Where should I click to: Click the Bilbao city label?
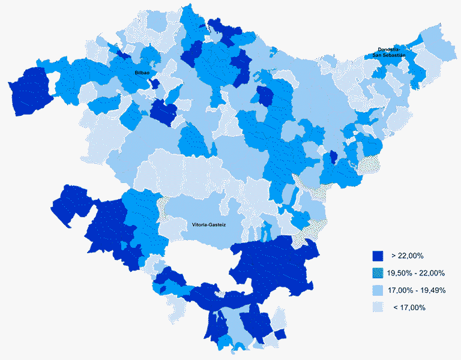coord(142,72)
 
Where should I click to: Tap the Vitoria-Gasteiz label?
coord(208,225)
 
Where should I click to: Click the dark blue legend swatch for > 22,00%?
coord(377,256)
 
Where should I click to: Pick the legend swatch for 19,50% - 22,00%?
coord(377,273)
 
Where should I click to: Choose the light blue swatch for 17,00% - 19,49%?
coord(377,290)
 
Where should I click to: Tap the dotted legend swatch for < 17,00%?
coord(377,307)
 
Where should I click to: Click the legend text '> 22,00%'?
coord(407,256)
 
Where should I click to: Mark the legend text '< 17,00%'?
coord(409,308)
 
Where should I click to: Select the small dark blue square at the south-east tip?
coord(280,335)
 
